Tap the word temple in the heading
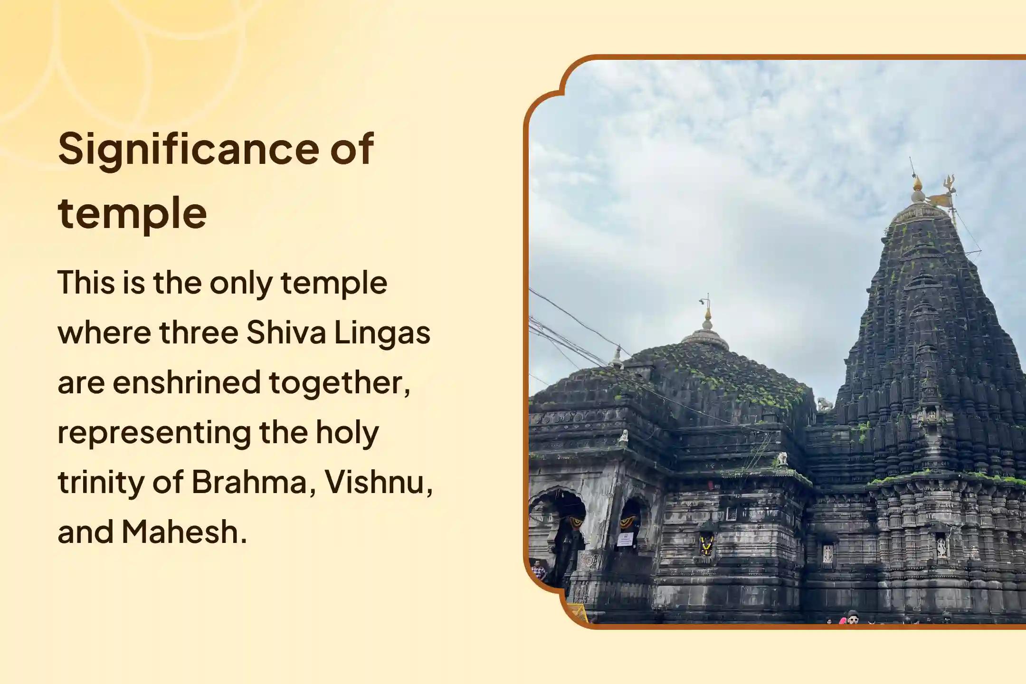133,214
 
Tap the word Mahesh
184,532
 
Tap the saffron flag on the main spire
938,200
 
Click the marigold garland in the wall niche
706,546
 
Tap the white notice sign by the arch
626,539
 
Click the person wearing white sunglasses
853,618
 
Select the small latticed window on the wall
732,513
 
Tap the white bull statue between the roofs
824,405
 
